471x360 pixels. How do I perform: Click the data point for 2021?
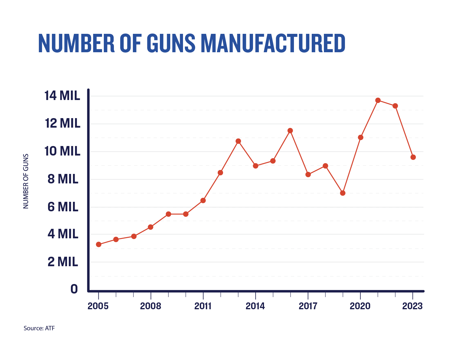[x=378, y=100]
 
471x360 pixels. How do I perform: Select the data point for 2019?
[x=343, y=193]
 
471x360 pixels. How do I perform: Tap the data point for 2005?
[x=99, y=245]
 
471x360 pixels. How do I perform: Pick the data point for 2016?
[x=290, y=131]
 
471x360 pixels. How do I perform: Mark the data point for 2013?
[x=238, y=141]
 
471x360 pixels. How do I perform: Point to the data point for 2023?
[x=413, y=157]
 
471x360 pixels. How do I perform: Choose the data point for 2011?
[x=203, y=201]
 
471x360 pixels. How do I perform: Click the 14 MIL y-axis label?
[x=62, y=96]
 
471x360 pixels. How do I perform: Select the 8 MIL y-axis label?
[x=63, y=179]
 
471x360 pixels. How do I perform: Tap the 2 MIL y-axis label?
[x=63, y=262]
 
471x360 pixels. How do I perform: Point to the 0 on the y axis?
[x=74, y=289]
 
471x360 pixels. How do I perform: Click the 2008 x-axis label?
[x=151, y=306]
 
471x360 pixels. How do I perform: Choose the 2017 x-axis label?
[x=308, y=306]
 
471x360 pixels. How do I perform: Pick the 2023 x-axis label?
[x=412, y=306]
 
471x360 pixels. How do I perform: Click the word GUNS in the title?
[x=171, y=44]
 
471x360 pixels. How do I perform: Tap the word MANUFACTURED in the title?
[x=273, y=44]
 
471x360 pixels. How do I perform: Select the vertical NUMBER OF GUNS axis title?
[x=26, y=181]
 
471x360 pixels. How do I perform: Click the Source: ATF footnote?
[x=39, y=328]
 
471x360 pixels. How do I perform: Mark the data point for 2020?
[x=361, y=137]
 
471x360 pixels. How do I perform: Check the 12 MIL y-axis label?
[x=63, y=123]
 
